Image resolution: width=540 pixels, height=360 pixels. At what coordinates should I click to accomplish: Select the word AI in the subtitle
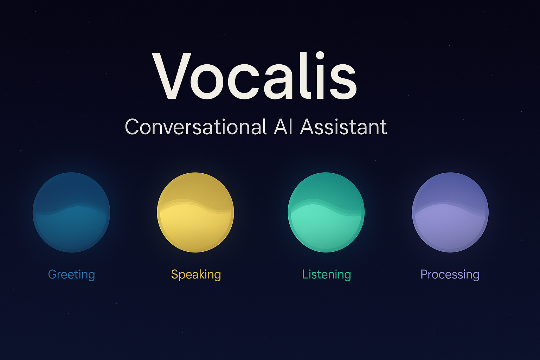[x=283, y=127]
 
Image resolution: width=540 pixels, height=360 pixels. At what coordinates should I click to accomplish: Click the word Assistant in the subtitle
[x=343, y=127]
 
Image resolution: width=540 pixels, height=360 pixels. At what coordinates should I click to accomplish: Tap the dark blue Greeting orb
[x=71, y=212]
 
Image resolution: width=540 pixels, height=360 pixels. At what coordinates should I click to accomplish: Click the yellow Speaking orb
[x=195, y=212]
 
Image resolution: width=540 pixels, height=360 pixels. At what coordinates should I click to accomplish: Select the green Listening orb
[x=326, y=212]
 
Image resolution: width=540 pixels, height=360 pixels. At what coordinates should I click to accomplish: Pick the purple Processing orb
[x=450, y=212]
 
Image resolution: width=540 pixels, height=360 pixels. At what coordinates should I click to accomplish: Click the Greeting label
[x=71, y=275]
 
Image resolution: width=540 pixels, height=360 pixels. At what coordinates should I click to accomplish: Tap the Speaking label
[x=196, y=275]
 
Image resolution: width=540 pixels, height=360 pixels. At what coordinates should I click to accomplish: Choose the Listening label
[x=326, y=275]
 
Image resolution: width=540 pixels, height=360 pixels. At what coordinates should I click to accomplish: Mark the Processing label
[x=450, y=275]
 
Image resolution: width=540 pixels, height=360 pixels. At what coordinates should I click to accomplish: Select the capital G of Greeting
[x=52, y=274]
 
